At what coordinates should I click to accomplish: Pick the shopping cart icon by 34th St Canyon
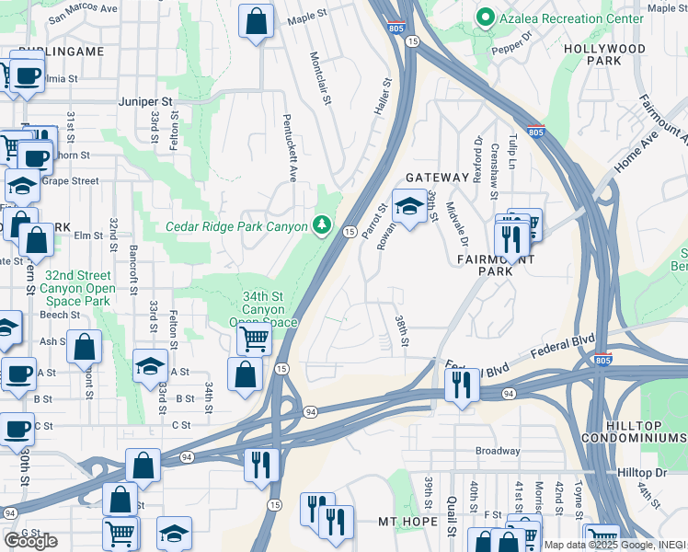click(x=254, y=338)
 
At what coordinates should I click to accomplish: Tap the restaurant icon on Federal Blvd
click(x=462, y=383)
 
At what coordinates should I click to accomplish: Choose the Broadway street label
click(x=498, y=451)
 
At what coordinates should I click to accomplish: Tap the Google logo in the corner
click(x=30, y=541)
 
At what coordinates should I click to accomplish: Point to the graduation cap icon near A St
click(x=150, y=365)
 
